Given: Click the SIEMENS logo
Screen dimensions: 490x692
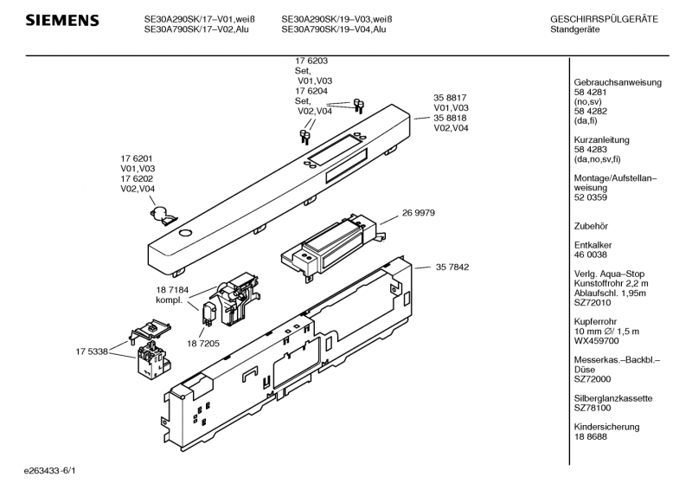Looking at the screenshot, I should [x=61, y=21].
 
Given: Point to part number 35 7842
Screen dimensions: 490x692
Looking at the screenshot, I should [x=452, y=268].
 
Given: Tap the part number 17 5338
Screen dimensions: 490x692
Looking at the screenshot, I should [x=92, y=351].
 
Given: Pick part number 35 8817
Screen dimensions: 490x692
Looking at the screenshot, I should [x=450, y=98].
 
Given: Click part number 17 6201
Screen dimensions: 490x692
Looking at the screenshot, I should [x=138, y=158].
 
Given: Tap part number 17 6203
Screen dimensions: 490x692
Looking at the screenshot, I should [x=311, y=61].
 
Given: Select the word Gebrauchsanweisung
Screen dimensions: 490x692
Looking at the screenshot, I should [x=618, y=82].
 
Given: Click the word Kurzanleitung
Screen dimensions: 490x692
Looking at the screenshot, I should [x=601, y=140].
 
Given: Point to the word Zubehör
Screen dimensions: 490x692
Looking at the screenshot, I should [x=591, y=224].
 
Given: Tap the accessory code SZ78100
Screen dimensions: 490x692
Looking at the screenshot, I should [x=594, y=407].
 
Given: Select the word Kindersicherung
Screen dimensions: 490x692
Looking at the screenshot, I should [x=606, y=427].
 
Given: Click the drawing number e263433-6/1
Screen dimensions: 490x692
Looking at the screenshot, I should [x=56, y=471].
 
